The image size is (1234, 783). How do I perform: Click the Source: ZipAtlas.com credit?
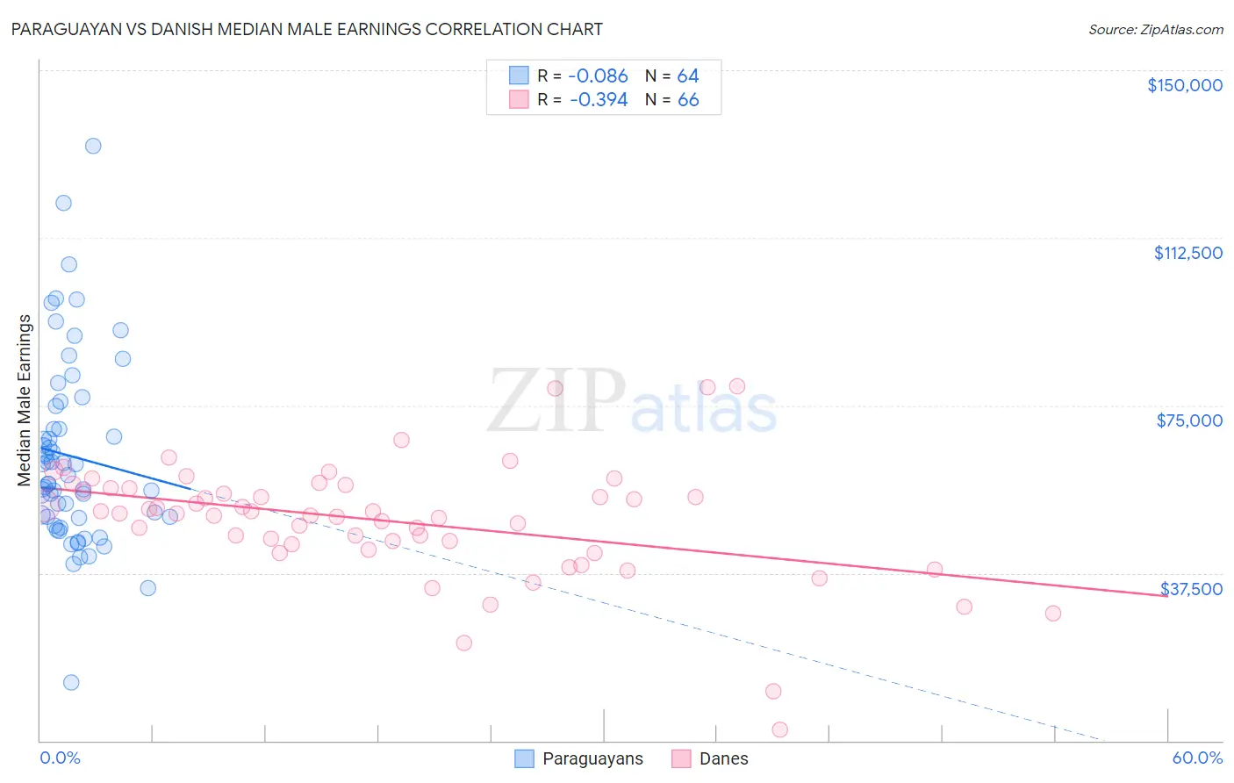point(1155,30)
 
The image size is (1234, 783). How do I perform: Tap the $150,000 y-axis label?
point(1184,85)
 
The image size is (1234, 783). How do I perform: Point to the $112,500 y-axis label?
point(1187,253)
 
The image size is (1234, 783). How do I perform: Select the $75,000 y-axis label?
point(1189,420)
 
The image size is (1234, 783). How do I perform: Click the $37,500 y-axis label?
point(1191,589)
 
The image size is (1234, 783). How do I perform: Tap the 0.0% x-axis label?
point(60,758)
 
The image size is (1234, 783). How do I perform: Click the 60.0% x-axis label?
point(1197,758)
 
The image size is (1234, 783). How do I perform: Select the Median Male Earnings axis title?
point(24,400)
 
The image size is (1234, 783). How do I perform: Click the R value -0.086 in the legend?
point(599,76)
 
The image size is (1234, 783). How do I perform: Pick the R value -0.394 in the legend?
point(599,100)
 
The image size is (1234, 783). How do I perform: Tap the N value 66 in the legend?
point(688,100)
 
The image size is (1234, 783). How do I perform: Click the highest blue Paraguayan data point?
point(93,146)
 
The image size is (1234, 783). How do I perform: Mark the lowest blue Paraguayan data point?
point(71,682)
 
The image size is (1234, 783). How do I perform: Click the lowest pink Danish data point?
point(779,729)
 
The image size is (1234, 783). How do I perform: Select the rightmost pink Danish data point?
point(1053,613)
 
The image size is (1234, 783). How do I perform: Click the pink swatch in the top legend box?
point(519,99)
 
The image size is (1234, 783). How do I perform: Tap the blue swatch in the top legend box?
point(519,75)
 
